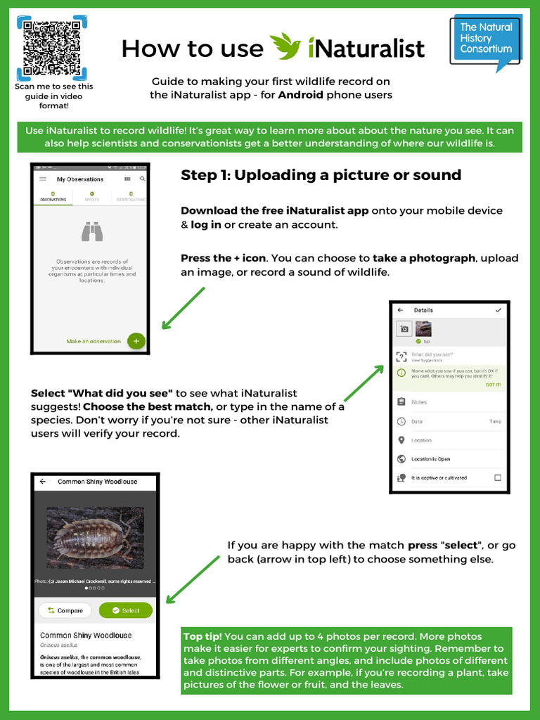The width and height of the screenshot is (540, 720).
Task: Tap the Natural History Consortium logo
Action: click(x=486, y=40)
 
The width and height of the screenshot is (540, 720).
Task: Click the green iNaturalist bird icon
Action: click(x=285, y=46)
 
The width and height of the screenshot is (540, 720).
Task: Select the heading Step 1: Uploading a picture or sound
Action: click(x=321, y=175)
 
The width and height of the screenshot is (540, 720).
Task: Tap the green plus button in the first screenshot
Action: click(x=136, y=341)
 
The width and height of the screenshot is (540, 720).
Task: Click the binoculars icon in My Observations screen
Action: click(x=92, y=232)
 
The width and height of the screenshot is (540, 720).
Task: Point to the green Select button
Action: click(x=126, y=610)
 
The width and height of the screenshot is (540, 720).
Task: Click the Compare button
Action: click(x=65, y=610)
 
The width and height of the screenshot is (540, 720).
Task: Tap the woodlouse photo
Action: click(x=95, y=538)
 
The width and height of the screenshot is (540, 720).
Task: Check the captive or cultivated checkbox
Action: click(x=498, y=477)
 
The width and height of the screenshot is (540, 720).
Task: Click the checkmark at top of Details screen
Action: click(x=499, y=310)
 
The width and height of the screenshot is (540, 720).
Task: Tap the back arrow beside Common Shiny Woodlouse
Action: click(x=43, y=482)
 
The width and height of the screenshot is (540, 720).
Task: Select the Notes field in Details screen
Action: click(x=420, y=402)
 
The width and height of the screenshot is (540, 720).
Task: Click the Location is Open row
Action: click(x=431, y=459)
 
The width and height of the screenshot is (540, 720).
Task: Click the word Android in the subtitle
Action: click(x=301, y=95)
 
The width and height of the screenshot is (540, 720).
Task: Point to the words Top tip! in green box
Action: click(x=202, y=636)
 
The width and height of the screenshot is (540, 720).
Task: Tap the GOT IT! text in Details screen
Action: click(x=493, y=385)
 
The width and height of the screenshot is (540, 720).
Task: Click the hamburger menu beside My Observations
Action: click(x=43, y=179)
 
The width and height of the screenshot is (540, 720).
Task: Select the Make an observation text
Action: click(x=94, y=341)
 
